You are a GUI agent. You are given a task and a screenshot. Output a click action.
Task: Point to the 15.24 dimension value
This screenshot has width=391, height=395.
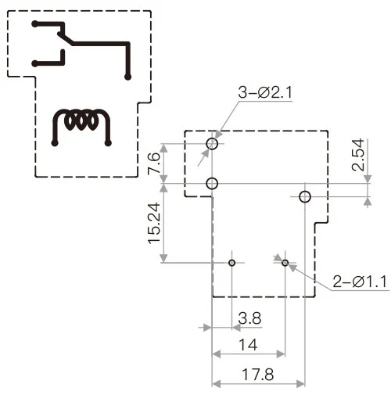153,224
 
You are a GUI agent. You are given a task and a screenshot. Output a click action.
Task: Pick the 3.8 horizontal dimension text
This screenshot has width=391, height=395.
249,320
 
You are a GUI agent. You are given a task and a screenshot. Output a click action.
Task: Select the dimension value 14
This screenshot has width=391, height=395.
249,344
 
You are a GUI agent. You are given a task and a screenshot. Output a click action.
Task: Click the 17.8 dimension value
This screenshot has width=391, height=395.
257,374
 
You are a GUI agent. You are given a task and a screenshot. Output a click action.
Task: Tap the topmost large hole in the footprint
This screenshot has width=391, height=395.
212,143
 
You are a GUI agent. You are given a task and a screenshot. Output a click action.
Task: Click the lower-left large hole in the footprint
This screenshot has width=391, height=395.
212,184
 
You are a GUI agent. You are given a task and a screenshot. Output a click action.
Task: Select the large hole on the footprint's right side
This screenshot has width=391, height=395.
305,196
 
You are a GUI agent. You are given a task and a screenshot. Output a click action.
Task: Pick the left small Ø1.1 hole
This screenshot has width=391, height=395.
231,262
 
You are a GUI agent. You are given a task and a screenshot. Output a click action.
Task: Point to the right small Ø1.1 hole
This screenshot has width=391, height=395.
285,263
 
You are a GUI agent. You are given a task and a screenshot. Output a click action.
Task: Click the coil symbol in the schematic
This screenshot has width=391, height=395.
81,121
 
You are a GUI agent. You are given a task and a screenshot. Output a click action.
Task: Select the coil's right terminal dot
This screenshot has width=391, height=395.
109,143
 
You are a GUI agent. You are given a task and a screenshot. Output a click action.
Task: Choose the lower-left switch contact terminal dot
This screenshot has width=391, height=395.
34,63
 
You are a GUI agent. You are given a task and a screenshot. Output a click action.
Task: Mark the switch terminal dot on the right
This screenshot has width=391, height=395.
127,76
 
